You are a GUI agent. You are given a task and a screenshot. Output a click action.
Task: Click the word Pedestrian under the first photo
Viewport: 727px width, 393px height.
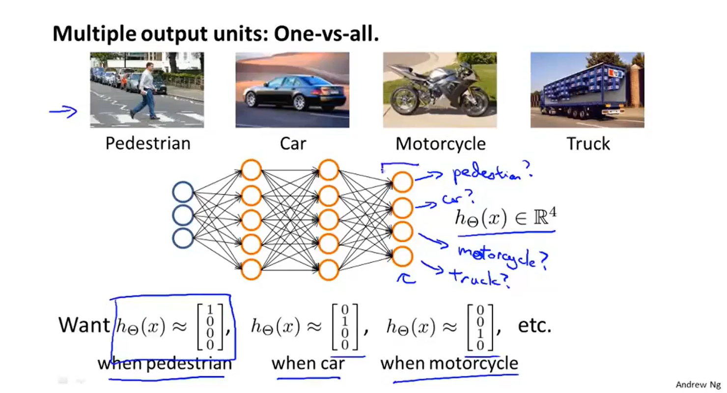tap(147, 143)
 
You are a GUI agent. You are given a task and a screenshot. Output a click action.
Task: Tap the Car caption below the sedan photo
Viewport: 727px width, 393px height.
tap(293, 143)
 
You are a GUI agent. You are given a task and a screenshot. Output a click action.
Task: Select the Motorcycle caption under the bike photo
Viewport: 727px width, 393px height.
tap(441, 143)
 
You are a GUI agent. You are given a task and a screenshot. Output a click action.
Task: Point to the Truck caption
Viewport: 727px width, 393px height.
tap(588, 143)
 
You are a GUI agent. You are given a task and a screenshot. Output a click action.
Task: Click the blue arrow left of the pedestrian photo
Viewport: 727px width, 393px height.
tap(63, 112)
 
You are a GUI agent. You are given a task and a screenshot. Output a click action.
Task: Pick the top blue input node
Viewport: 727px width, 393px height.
tap(182, 192)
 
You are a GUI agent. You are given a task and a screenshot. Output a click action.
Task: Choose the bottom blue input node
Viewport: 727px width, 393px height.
tap(182, 238)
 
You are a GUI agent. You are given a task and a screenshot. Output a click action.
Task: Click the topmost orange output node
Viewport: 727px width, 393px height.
tap(402, 182)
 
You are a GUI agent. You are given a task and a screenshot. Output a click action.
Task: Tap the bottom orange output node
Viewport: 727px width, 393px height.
tap(402, 256)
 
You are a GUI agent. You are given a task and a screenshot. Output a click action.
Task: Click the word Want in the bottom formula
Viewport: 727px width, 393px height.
tap(84, 325)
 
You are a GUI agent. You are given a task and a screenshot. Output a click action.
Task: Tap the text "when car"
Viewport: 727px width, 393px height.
tap(308, 364)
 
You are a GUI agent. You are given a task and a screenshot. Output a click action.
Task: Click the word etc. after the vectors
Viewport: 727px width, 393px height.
tap(535, 326)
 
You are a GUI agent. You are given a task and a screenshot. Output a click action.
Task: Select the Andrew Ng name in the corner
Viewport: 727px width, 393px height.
tap(698, 385)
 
